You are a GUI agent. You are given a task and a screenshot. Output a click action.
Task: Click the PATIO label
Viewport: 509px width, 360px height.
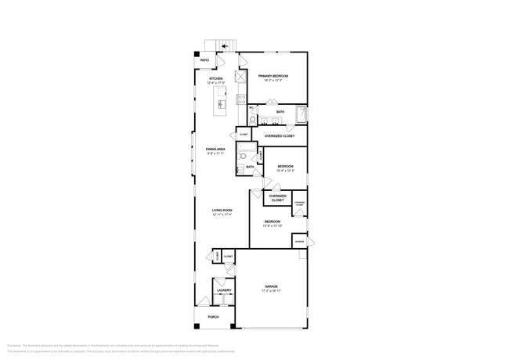click(204, 60)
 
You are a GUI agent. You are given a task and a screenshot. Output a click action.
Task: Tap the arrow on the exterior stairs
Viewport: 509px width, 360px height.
click(224, 46)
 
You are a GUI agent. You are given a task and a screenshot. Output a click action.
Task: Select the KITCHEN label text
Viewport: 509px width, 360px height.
click(215, 78)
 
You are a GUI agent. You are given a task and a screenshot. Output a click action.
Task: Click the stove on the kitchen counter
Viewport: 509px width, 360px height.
click(241, 99)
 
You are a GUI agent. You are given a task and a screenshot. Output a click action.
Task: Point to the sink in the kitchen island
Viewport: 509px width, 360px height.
click(222, 104)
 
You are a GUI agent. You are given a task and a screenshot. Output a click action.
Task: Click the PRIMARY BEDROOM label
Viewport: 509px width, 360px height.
click(274, 75)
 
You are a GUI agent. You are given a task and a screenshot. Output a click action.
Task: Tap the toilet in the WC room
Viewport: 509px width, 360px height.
click(253, 119)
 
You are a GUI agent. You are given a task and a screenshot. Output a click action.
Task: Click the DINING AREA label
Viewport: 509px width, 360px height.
click(215, 149)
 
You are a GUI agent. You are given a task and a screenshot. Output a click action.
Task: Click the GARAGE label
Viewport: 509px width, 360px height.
click(271, 286)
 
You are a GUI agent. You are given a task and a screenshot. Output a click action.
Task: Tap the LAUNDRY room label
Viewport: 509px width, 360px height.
click(223, 290)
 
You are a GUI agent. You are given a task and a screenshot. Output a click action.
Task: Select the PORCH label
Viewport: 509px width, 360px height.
click(213, 317)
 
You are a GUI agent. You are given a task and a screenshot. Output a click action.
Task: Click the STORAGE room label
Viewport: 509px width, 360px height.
click(299, 242)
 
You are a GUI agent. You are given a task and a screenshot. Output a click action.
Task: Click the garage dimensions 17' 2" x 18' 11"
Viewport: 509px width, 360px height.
click(271, 291)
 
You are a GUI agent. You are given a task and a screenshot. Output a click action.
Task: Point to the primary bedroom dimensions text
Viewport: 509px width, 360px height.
click(274, 80)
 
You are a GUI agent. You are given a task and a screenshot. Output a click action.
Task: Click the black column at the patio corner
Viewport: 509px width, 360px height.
click(197, 54)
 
